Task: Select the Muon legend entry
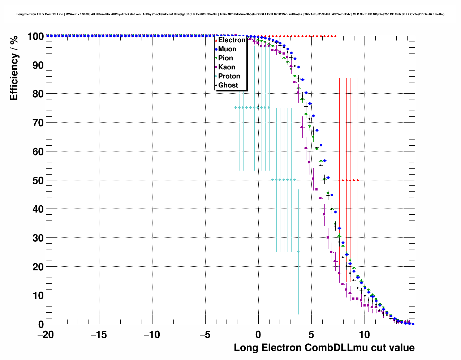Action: [227, 49]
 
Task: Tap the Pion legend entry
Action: [225, 58]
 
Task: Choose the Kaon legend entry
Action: [227, 67]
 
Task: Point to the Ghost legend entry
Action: [228, 85]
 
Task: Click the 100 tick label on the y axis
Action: [35, 36]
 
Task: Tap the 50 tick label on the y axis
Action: [38, 180]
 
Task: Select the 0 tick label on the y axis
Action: [41, 324]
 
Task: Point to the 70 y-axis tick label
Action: [38, 123]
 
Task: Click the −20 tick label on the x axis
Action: [46, 335]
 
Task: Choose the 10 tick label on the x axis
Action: [365, 335]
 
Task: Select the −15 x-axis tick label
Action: [99, 335]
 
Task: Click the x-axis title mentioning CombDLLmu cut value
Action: [324, 348]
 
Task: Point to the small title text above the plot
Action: [231, 14]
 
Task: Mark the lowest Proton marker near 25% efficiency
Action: [298, 252]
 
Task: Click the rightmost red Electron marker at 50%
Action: [358, 180]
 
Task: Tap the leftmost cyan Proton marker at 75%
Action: [236, 107]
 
